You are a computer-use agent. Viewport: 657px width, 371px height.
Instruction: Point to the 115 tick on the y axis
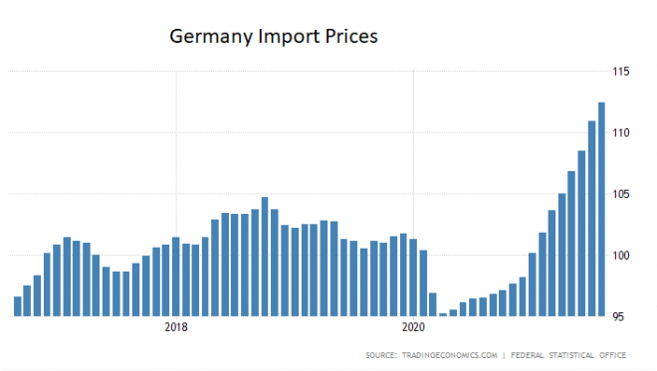[623, 72]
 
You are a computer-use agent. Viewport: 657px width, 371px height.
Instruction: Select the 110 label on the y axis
[623, 133]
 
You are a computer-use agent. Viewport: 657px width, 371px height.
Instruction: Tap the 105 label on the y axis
[623, 194]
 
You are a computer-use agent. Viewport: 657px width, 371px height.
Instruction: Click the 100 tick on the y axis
[623, 256]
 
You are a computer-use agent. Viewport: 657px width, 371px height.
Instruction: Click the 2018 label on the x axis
[176, 327]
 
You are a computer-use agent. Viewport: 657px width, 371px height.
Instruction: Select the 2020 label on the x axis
[413, 327]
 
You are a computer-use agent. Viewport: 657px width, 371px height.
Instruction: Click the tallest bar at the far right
[601, 209]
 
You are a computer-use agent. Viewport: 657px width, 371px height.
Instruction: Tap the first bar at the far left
[17, 306]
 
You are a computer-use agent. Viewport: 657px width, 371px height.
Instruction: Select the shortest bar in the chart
[443, 314]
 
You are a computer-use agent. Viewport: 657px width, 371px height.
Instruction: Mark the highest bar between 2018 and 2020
[265, 257]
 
